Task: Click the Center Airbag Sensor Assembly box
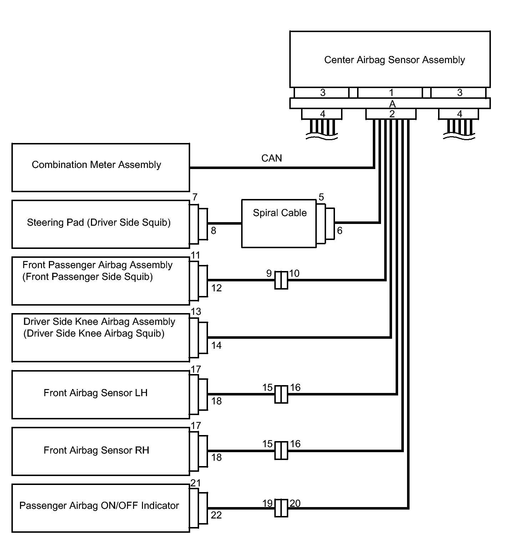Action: click(x=390, y=59)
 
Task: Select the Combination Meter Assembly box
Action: click(x=101, y=168)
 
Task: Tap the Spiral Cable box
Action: click(x=279, y=224)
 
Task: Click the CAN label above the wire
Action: click(x=271, y=158)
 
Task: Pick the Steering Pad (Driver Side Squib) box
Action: click(x=101, y=224)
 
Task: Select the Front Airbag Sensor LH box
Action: click(x=101, y=395)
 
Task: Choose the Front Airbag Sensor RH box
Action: click(x=101, y=451)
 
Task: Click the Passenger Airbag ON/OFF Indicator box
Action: click(x=101, y=508)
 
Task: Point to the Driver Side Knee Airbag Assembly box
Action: click(x=101, y=338)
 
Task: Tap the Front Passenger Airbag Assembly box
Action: click(x=101, y=281)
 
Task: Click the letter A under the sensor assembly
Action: click(x=392, y=104)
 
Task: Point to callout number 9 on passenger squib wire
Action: click(x=269, y=274)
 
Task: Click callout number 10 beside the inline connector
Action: click(x=294, y=274)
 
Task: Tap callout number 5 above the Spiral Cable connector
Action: click(x=321, y=197)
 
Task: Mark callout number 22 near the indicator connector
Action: click(x=216, y=515)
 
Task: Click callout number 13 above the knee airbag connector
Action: click(x=196, y=312)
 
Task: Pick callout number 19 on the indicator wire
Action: click(x=268, y=503)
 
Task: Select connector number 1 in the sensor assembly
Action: click(x=391, y=93)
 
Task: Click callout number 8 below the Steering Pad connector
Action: click(x=213, y=231)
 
